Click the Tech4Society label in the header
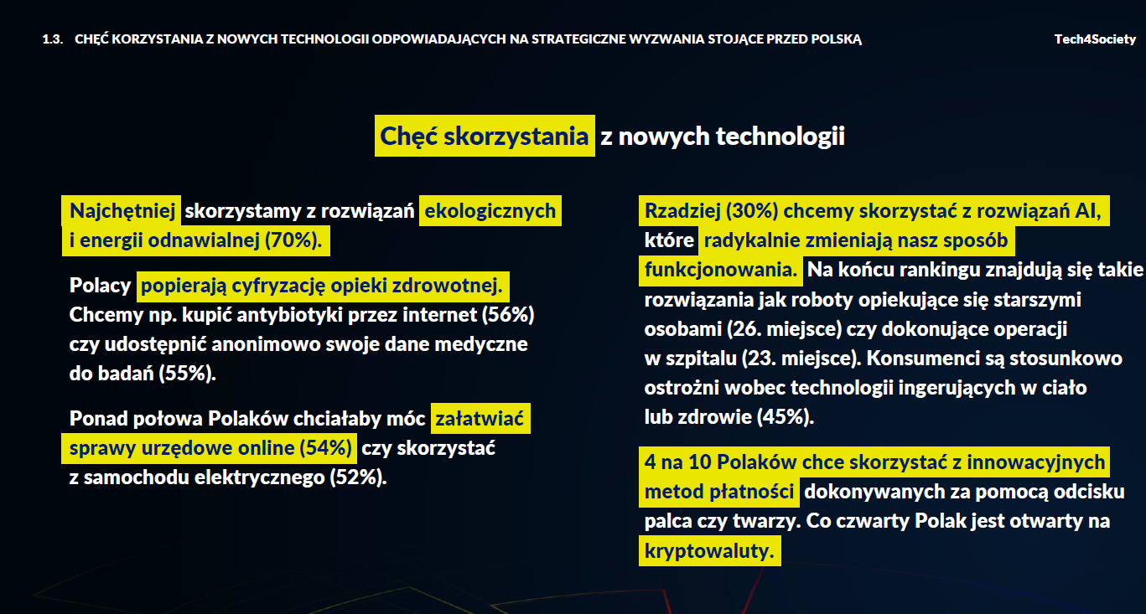(x=1095, y=39)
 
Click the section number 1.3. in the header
(x=52, y=39)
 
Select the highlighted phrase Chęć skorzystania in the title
(x=485, y=137)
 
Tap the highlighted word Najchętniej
(x=122, y=210)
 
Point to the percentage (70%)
(x=293, y=241)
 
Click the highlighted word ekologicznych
(x=490, y=210)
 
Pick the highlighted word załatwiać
(x=480, y=418)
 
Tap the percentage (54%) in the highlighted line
(x=325, y=448)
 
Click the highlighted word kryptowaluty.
(x=709, y=551)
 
